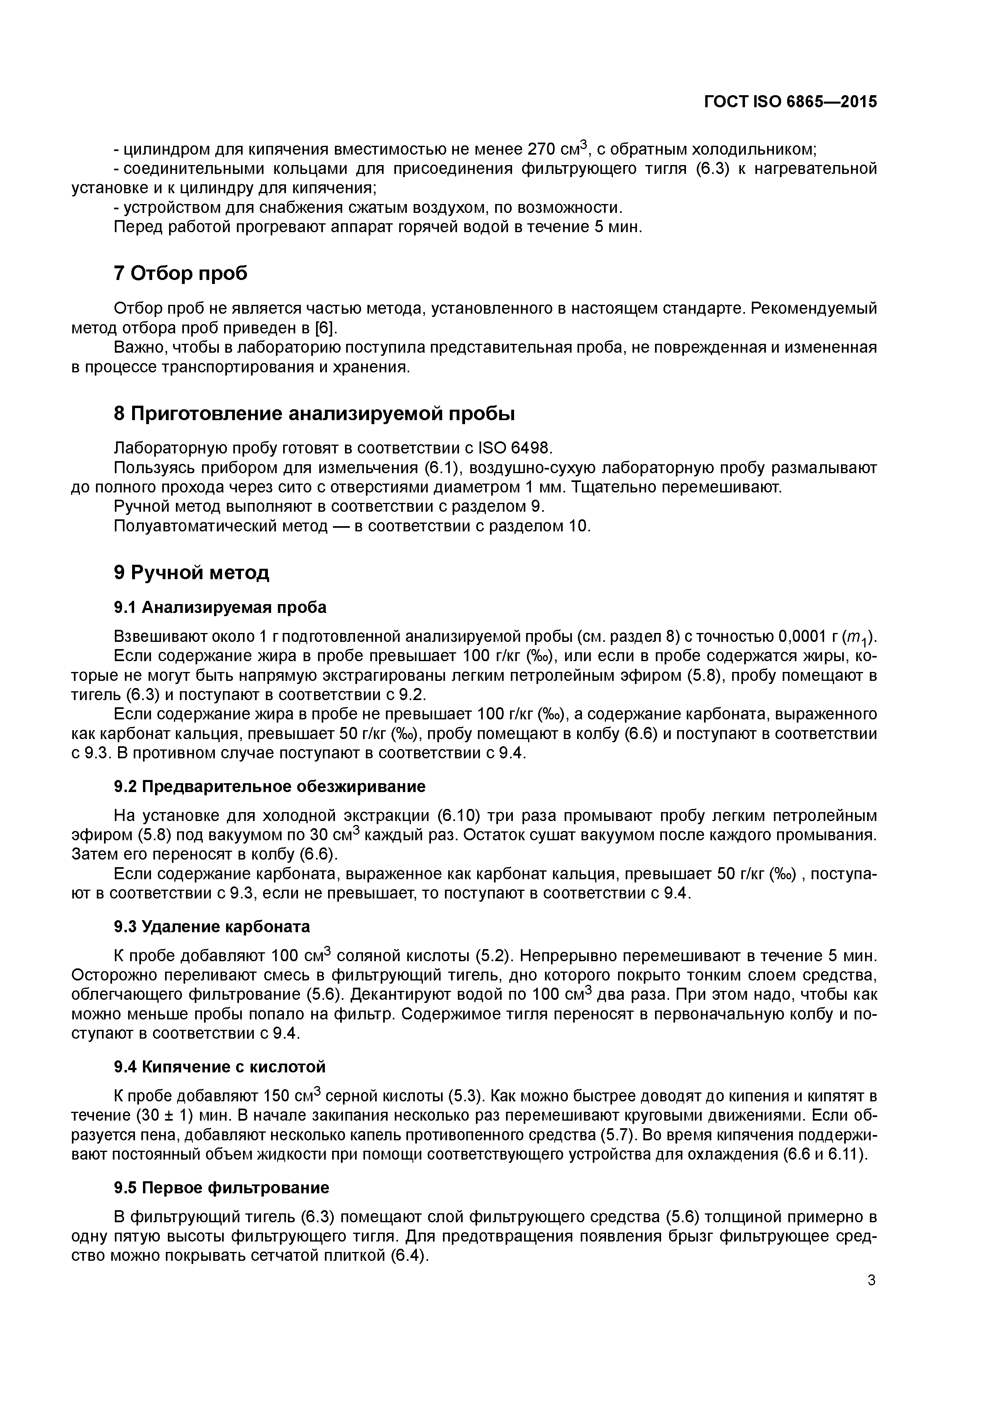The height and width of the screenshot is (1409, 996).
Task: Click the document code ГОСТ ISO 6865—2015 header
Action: point(790,102)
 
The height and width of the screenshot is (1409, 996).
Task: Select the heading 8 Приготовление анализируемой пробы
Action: point(314,414)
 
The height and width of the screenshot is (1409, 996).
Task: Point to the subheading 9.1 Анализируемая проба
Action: point(220,608)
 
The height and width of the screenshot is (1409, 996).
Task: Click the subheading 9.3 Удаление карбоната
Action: point(212,926)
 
